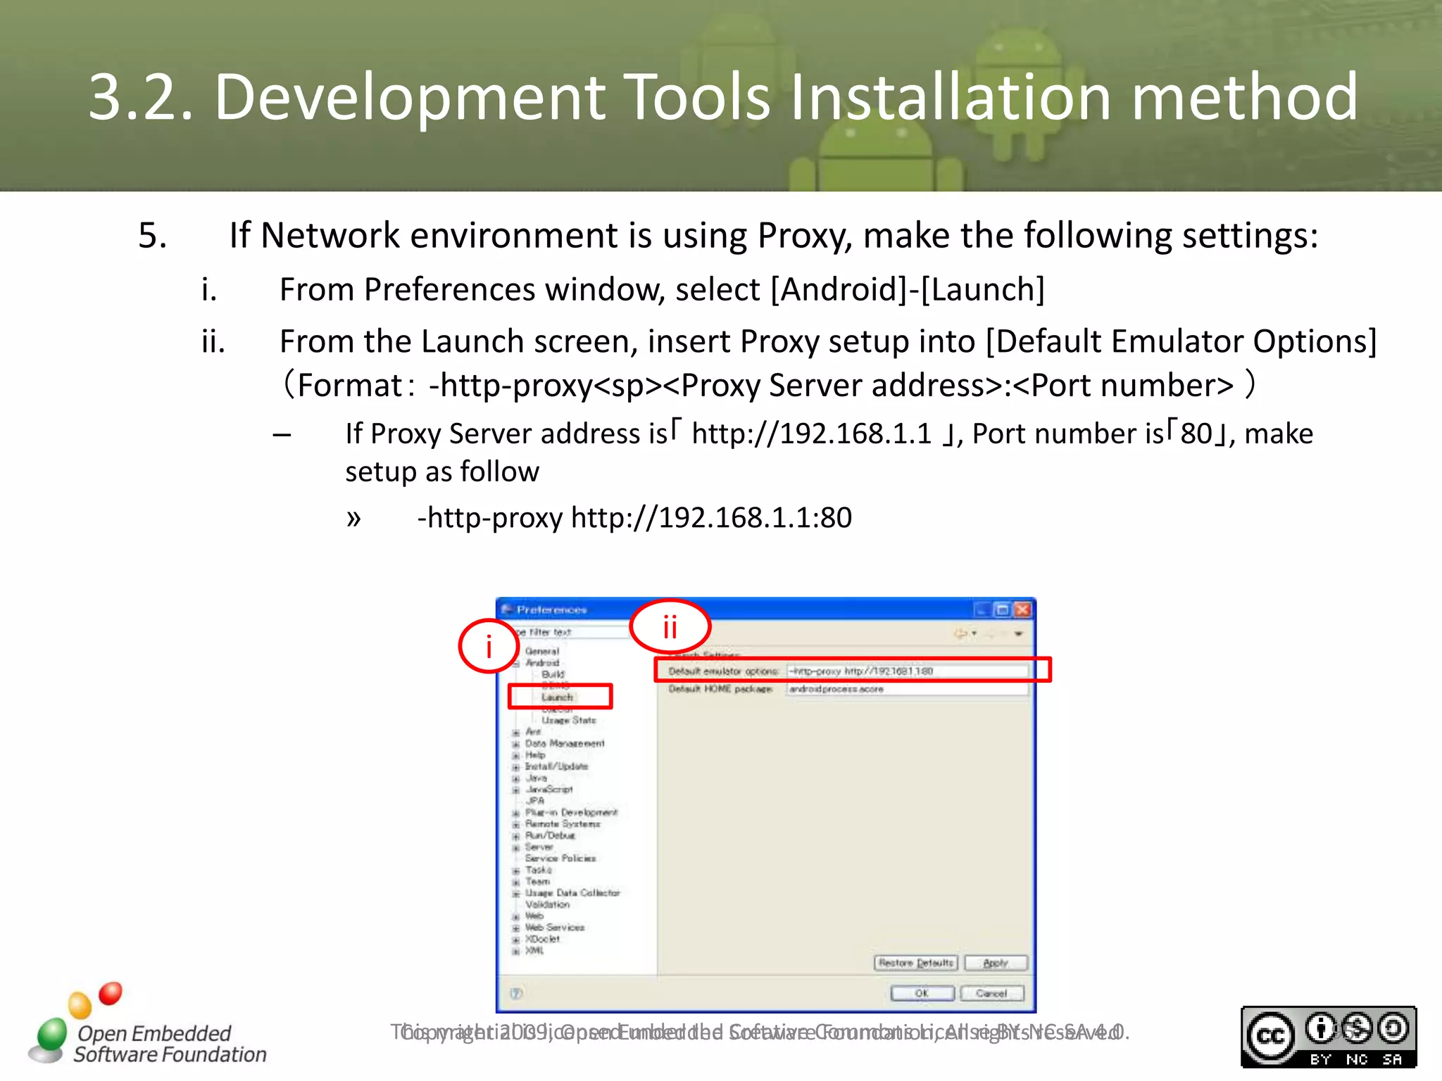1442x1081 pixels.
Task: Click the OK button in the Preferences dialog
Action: pyautogui.click(x=922, y=993)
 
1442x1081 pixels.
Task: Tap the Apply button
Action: pyautogui.click(x=996, y=963)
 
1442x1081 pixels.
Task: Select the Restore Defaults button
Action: pyautogui.click(x=915, y=963)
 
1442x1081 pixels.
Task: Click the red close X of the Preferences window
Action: pyautogui.click(x=1023, y=609)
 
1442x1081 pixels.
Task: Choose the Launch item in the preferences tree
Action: pyautogui.click(x=558, y=697)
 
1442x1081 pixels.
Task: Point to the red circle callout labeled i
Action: pyautogui.click(x=489, y=646)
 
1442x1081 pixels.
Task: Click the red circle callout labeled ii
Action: pyautogui.click(x=670, y=626)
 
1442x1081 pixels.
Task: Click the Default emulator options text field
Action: pyautogui.click(x=907, y=671)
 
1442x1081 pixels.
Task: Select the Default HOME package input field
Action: pyautogui.click(x=907, y=689)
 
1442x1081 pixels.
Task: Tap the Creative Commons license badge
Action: pyautogui.click(x=1328, y=1037)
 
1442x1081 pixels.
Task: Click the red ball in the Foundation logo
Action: pyautogui.click(x=110, y=993)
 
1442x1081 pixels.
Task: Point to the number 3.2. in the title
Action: pyautogui.click(x=140, y=96)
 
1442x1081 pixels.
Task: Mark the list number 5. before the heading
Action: pyautogui.click(x=152, y=235)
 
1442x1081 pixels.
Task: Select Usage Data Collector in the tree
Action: pyautogui.click(x=572, y=892)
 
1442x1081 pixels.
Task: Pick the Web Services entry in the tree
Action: pyautogui.click(x=555, y=927)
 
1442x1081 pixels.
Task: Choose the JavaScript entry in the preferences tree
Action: pyautogui.click(x=549, y=789)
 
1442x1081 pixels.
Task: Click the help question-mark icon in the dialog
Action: pyautogui.click(x=516, y=993)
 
